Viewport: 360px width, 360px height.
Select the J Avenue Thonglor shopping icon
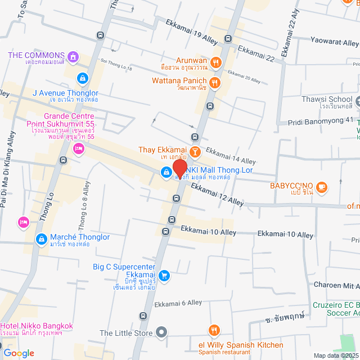(83, 78)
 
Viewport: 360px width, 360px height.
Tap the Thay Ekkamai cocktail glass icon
(195, 151)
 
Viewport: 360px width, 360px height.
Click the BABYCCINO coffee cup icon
(321, 186)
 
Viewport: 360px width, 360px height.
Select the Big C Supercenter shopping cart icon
(164, 275)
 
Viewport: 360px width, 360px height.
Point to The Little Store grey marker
(161, 333)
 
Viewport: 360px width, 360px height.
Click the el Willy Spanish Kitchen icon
(213, 330)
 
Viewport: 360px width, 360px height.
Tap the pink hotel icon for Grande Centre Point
(78, 148)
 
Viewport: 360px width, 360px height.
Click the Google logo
(19, 353)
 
